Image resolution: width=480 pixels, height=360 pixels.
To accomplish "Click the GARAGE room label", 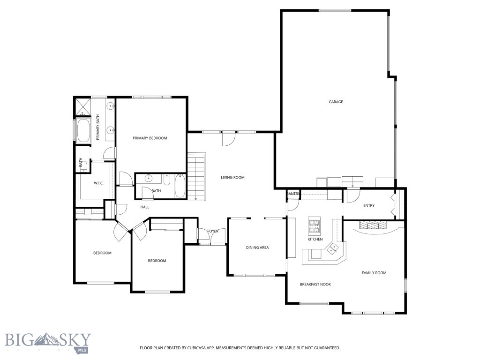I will pyautogui.click(x=336, y=102).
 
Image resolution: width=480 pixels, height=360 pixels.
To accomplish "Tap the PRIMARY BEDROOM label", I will pyautogui.click(x=150, y=138).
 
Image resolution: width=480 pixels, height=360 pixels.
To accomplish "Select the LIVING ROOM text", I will pyautogui.click(x=233, y=178).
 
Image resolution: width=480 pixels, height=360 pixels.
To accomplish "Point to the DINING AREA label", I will pyautogui.click(x=257, y=247).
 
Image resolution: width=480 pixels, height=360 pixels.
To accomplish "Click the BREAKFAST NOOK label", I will pyautogui.click(x=315, y=284).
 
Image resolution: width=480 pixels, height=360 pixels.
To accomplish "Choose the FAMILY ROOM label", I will pyautogui.click(x=374, y=273).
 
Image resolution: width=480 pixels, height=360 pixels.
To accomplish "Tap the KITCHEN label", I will pyautogui.click(x=315, y=240).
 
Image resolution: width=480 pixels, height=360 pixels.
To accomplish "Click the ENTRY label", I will pyautogui.click(x=369, y=206).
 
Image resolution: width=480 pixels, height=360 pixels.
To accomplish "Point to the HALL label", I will pyautogui.click(x=145, y=207).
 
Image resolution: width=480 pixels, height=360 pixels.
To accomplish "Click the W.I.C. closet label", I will pyautogui.click(x=98, y=183).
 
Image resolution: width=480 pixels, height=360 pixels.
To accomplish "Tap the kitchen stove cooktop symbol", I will pyautogui.click(x=314, y=226).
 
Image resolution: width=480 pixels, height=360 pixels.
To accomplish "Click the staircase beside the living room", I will pyautogui.click(x=196, y=176).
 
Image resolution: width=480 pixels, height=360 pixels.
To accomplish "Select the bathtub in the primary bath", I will pyautogui.click(x=84, y=130).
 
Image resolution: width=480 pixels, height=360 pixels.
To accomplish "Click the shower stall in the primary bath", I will pyautogui.click(x=83, y=107).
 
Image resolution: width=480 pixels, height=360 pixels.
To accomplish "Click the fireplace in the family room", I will pyautogui.click(x=374, y=225).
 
